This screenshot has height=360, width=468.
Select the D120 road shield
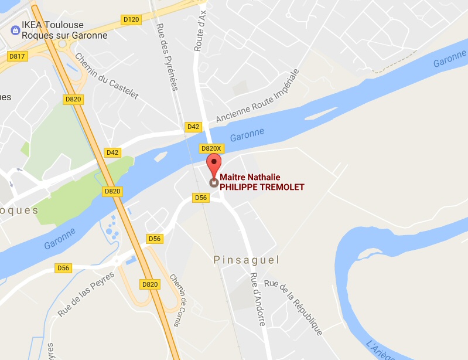tap(132, 20)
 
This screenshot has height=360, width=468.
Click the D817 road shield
tap(17, 56)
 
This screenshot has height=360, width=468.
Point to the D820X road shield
tap(210, 148)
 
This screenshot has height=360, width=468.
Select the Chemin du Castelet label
tap(106, 76)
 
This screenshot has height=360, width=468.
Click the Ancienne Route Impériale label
tap(257, 96)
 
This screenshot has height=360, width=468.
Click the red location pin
tap(214, 165)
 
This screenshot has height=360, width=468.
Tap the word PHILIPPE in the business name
tap(242, 188)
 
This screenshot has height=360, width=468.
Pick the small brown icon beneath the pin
tap(214, 182)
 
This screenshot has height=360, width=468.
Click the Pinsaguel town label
tap(247, 259)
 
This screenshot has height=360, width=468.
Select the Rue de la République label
tap(293, 307)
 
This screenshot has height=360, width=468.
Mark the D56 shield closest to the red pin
tap(201, 198)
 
